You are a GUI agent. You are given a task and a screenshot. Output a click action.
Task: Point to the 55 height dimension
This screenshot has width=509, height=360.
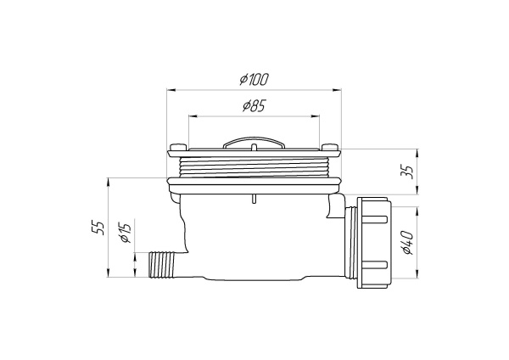[x=98, y=227]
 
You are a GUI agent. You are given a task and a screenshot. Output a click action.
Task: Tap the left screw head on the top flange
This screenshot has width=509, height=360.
[x=176, y=149]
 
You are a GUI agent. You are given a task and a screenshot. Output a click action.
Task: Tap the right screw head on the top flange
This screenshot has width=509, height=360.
[x=331, y=149]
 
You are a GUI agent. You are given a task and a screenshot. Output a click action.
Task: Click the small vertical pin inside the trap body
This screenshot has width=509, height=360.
[x=253, y=200]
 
